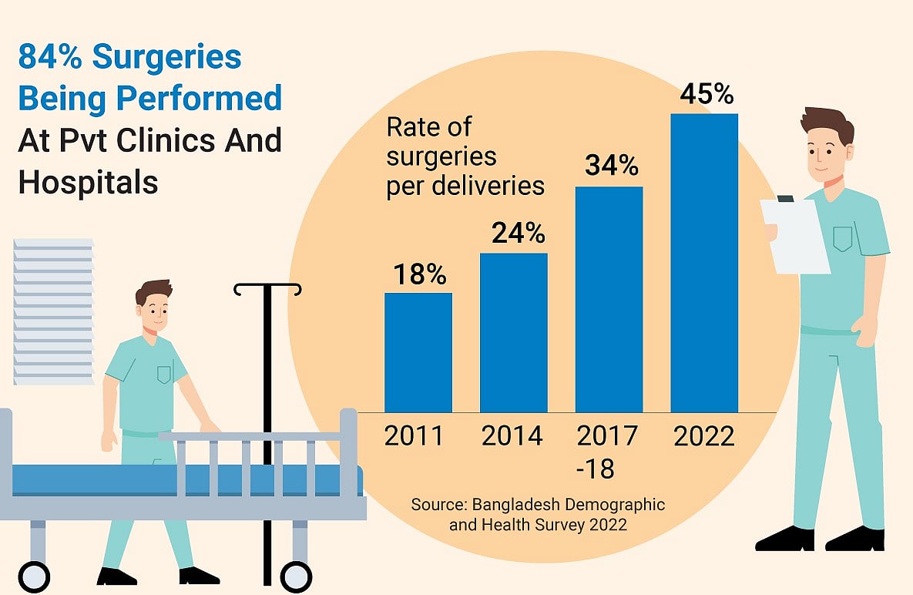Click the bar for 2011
[418, 352]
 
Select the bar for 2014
[513, 332]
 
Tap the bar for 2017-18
[609, 299]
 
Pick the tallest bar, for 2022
[704, 263]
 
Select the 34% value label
[611, 166]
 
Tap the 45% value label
[706, 94]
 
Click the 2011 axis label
[415, 436]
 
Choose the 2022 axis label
[704, 436]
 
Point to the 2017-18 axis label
[607, 452]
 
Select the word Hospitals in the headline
[88, 182]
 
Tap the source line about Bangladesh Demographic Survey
[538, 514]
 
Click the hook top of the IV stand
[267, 290]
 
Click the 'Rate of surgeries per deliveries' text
[465, 156]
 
